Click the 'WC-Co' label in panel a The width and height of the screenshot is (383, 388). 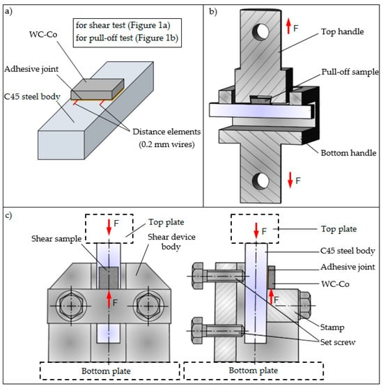click(43, 34)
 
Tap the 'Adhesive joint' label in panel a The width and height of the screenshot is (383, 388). click(31, 69)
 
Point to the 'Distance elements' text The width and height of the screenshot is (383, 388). click(166, 132)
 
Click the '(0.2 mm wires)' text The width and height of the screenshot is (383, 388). click(166, 144)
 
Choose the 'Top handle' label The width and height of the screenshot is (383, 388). click(343, 31)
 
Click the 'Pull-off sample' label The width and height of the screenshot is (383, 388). click(350, 72)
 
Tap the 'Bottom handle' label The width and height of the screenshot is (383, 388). click(348, 153)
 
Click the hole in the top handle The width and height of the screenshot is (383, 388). click(260, 31)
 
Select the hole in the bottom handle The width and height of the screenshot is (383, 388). click(260, 181)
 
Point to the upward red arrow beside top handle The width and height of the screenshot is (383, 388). click(288, 26)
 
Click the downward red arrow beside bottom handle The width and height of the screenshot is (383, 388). click(290, 180)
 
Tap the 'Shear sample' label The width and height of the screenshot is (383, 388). click(56, 239)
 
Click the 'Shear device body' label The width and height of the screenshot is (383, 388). click(171, 242)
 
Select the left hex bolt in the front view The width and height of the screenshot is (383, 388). click(71, 306)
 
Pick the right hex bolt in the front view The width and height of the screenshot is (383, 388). click(148, 306)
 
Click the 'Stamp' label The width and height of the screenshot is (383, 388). click(332, 327)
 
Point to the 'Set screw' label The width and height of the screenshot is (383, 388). click(338, 342)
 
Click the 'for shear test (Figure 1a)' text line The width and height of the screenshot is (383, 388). click(123, 25)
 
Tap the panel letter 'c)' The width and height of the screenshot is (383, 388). click(8, 215)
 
